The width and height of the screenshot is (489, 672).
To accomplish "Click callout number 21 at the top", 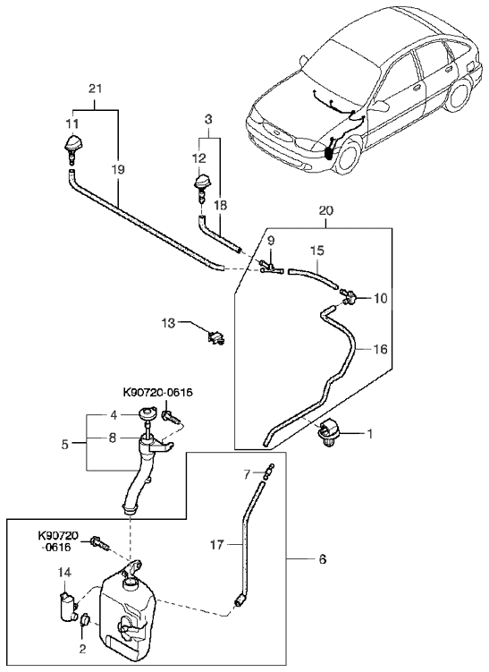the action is (x=95, y=89).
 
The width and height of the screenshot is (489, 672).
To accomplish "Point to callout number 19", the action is (x=119, y=170).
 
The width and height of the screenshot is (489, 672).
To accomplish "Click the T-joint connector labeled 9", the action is (x=268, y=266).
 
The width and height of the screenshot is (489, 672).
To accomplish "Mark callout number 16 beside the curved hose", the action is (x=380, y=349).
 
